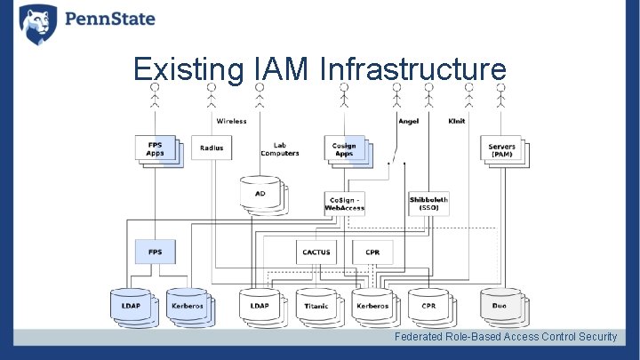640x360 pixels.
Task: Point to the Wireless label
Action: [230, 121]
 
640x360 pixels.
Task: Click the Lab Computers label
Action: [280, 149]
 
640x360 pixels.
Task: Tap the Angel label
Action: [408, 121]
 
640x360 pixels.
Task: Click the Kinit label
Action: [457, 121]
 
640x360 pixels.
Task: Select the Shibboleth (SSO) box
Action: [428, 204]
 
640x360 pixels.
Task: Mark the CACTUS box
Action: [316, 252]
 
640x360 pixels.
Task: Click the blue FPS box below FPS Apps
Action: [155, 252]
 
